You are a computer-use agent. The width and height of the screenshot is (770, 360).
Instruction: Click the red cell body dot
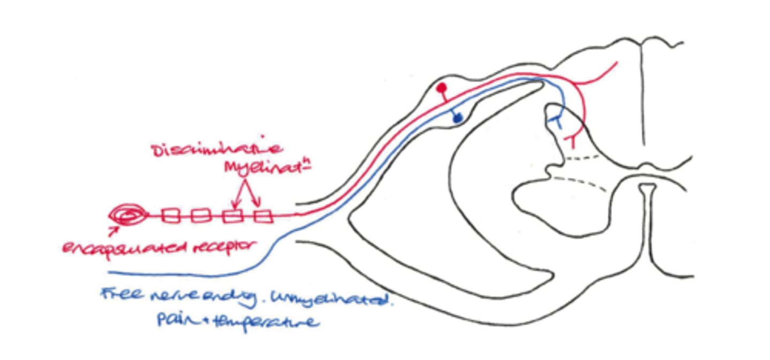point(441,87)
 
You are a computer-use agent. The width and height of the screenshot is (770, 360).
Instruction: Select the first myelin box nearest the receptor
point(171,216)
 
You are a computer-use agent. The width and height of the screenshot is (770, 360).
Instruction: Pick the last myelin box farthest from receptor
point(263,216)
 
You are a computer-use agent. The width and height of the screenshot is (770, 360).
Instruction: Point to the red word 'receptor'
point(225,247)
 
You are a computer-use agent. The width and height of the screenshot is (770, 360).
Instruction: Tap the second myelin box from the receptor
point(200,216)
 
